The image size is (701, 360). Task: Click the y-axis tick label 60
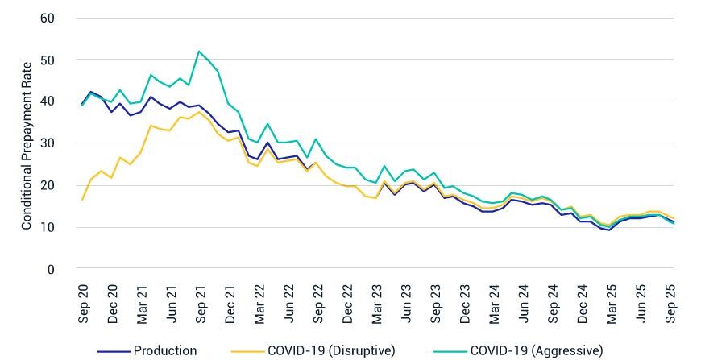tap(47, 19)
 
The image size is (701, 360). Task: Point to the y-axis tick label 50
tap(47, 60)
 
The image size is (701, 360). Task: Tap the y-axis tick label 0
tap(51, 269)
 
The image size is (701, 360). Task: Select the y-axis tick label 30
tap(47, 144)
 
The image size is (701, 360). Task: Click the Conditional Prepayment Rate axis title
tap(27, 146)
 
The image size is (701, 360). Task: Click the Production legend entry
tap(147, 350)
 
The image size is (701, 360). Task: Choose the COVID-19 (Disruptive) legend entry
tap(313, 350)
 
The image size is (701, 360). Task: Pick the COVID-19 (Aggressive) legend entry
tap(519, 350)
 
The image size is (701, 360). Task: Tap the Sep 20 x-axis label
tap(84, 304)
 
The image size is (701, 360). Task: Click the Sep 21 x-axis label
tap(201, 304)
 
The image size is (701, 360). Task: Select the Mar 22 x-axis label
tap(259, 304)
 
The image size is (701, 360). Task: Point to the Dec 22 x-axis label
tap(348, 304)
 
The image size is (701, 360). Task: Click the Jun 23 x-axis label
tap(406, 304)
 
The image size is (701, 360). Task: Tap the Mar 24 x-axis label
tap(495, 304)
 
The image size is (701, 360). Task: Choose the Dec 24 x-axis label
tap(583, 304)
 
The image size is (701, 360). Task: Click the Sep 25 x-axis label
tap(670, 304)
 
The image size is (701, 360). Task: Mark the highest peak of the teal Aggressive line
tap(198, 51)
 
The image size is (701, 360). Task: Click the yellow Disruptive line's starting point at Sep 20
tap(82, 200)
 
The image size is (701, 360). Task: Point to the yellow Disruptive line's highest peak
tap(198, 112)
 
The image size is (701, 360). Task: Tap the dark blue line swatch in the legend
tap(114, 351)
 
